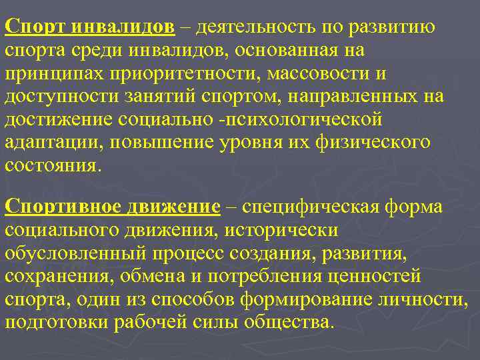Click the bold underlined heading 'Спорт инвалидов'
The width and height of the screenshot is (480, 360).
coord(90,29)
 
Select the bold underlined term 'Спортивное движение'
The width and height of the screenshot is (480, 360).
coord(112,207)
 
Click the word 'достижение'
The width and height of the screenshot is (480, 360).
coord(57,119)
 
